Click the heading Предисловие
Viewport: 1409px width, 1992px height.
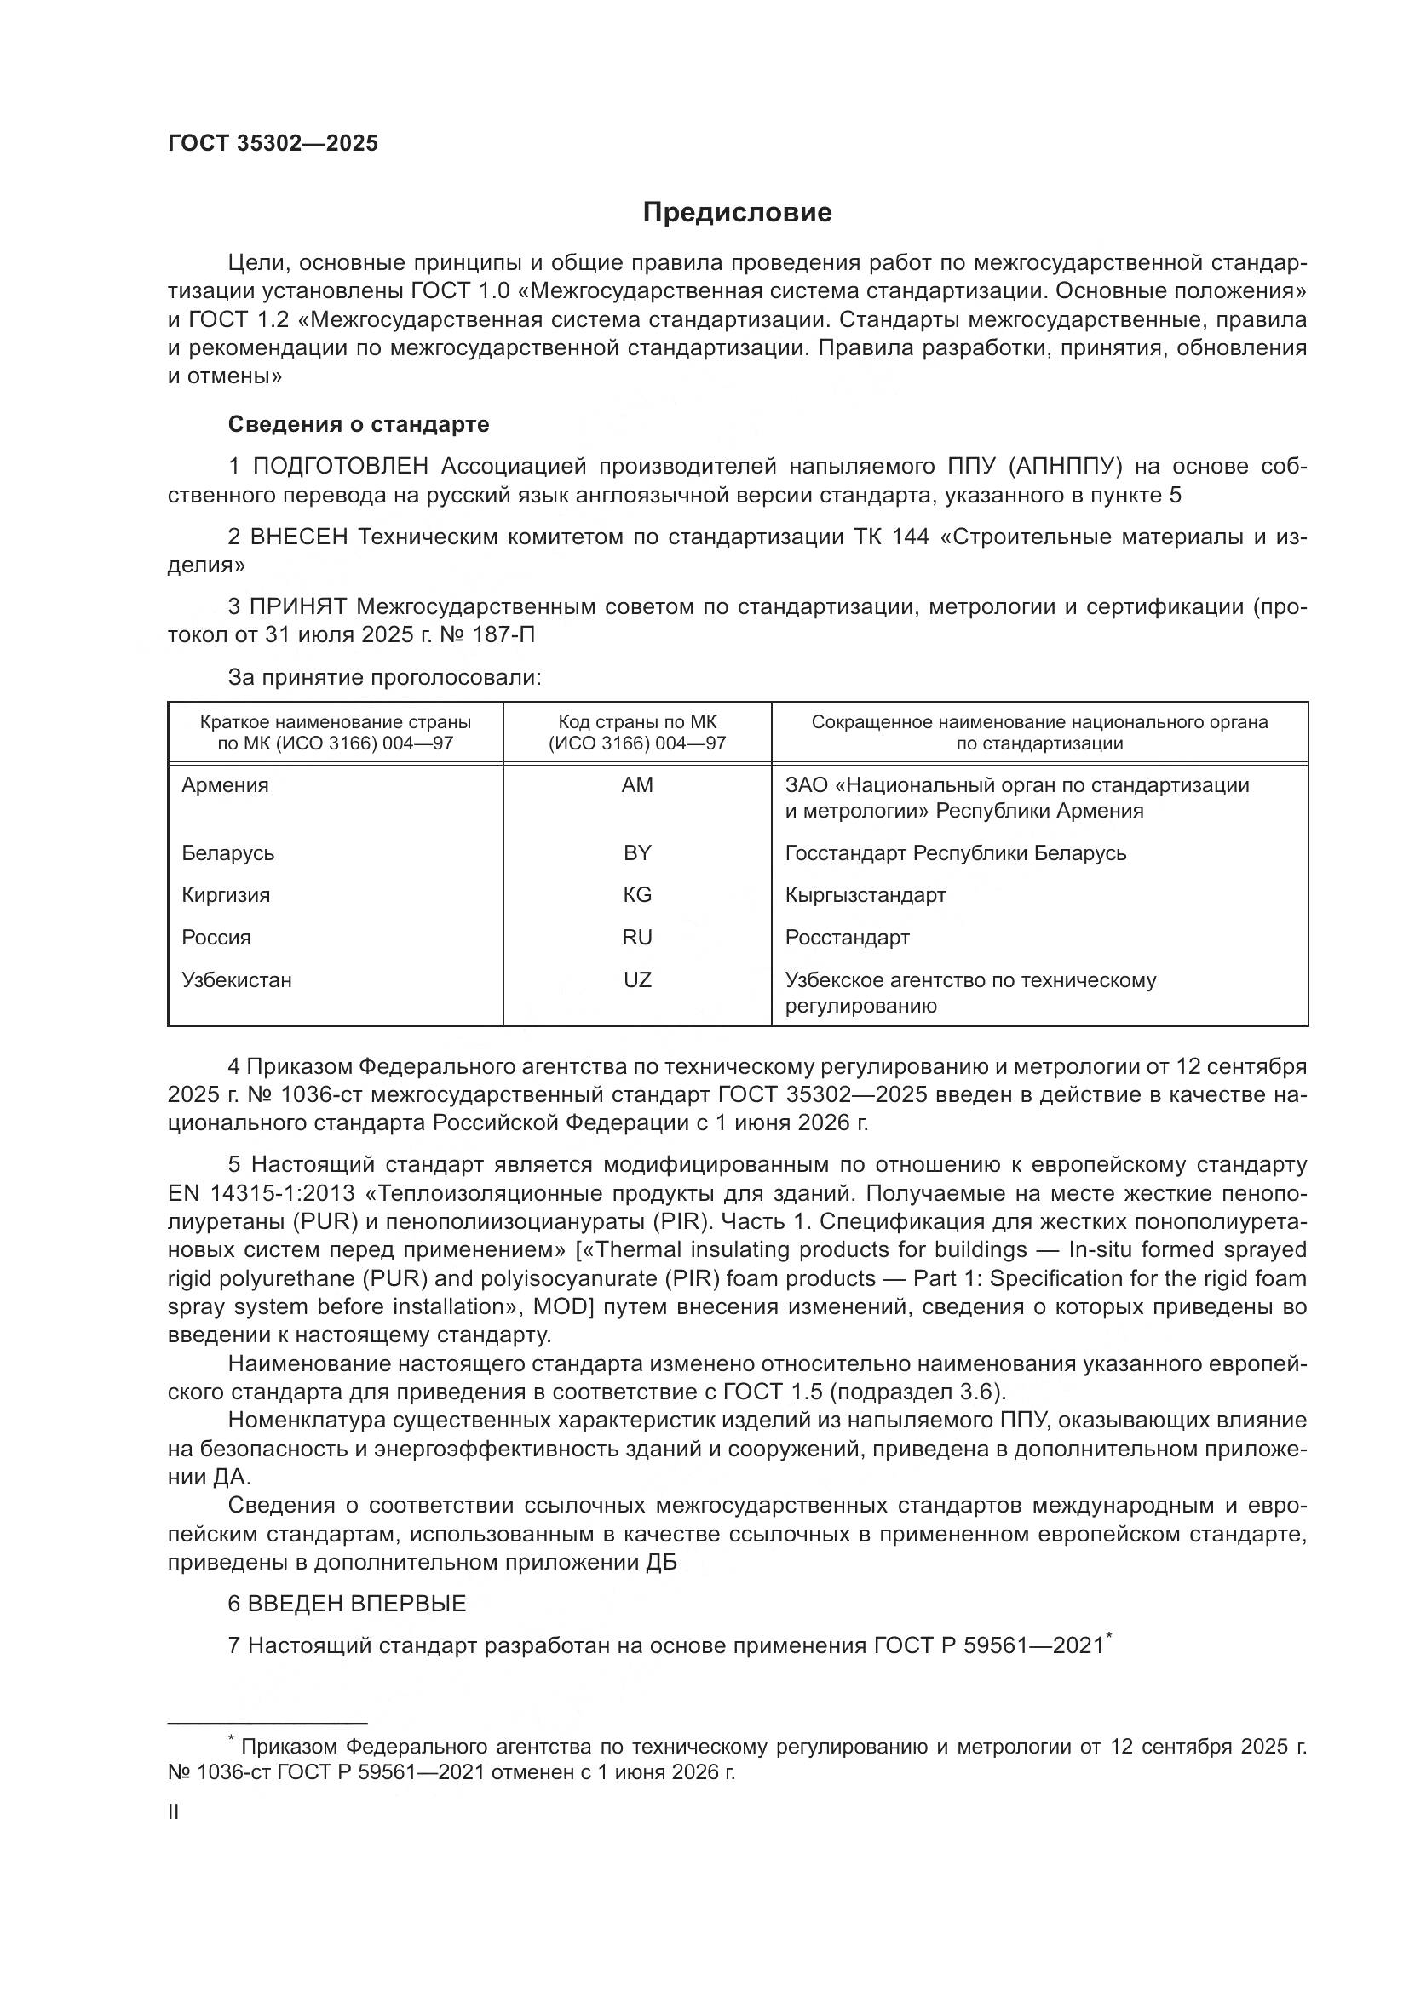(x=737, y=213)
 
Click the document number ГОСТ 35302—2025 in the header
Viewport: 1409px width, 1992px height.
(x=273, y=143)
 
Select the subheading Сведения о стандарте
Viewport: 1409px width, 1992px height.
(x=359, y=424)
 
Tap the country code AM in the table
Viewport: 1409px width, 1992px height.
(x=637, y=785)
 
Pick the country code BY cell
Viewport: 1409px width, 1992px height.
(x=637, y=852)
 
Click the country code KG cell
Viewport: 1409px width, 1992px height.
(x=637, y=894)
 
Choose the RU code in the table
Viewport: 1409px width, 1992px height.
(x=637, y=937)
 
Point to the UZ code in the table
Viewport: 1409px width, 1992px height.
(x=637, y=979)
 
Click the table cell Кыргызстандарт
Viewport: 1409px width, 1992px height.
(x=865, y=894)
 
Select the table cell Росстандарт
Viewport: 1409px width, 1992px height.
(x=847, y=937)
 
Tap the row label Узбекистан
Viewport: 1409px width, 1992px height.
(x=236, y=979)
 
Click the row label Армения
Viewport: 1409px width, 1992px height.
(x=225, y=785)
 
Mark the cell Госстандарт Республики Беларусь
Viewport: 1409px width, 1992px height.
(x=955, y=852)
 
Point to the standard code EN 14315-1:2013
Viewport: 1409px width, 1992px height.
(x=262, y=1192)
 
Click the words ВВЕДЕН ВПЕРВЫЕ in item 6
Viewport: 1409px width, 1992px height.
(x=357, y=1604)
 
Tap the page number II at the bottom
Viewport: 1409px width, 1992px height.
(x=174, y=1811)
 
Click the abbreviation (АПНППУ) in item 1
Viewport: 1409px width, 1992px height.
(x=1067, y=467)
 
